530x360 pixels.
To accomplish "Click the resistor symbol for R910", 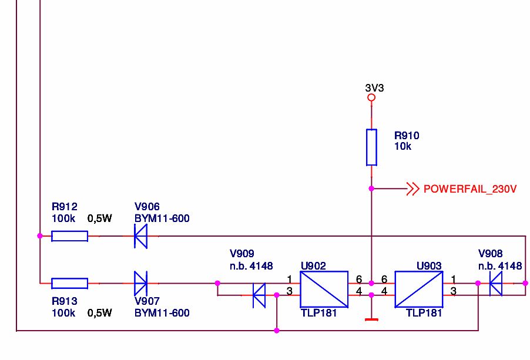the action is coord(371,147).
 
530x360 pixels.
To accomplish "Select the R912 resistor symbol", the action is coord(70,236).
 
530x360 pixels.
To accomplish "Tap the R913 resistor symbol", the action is coord(70,283).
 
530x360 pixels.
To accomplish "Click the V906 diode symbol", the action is coord(140,236).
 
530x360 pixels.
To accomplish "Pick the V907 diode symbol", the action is coord(140,283).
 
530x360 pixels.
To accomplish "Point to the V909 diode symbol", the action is coord(259,295).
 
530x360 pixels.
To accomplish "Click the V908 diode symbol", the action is coord(496,283).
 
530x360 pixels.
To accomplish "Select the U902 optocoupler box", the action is coord(324,290).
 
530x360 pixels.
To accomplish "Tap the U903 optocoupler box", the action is coord(419,290).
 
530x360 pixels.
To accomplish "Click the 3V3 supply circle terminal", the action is coord(371,97).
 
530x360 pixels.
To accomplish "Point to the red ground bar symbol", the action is coord(371,319).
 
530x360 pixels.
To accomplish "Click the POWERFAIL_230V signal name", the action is coord(470,189).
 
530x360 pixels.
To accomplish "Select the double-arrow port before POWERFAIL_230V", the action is coord(412,189).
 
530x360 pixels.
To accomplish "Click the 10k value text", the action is coord(402,146).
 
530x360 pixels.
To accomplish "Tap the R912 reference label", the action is coord(64,206).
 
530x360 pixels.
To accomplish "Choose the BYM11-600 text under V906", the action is coord(162,218).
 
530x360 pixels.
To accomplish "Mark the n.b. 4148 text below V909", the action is coord(251,266).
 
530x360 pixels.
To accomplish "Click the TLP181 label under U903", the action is coord(424,313).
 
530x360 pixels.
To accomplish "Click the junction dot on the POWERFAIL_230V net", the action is coord(371,189).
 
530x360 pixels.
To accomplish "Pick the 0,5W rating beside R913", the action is coord(99,313).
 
